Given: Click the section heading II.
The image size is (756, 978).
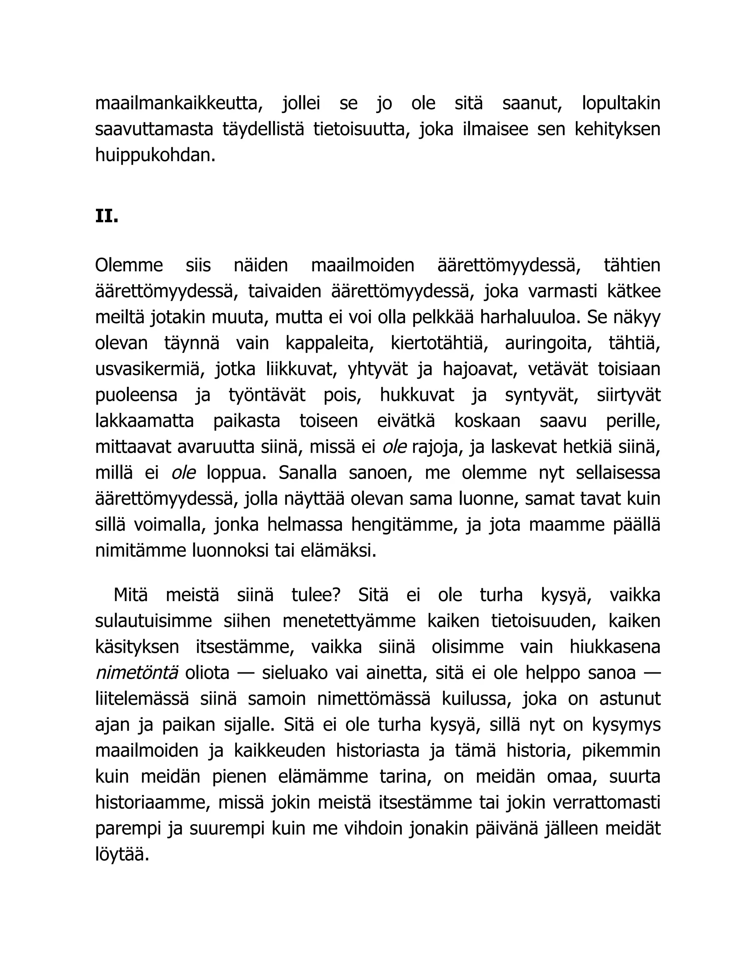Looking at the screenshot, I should pyautogui.click(x=107, y=216).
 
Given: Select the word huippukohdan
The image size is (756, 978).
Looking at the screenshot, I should pyautogui.click(x=155, y=155).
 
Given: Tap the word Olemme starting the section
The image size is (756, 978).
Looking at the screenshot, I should pyautogui.click(x=129, y=265).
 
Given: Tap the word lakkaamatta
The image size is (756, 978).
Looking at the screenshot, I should pyautogui.click(x=144, y=421).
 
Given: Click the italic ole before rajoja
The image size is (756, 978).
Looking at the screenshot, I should pyautogui.click(x=394, y=447).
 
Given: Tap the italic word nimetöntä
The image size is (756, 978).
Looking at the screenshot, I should pyautogui.click(x=137, y=673).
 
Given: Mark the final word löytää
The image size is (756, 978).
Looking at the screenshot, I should pyautogui.click(x=122, y=855).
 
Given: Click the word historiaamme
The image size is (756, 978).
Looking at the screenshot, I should pyautogui.click(x=152, y=803).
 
